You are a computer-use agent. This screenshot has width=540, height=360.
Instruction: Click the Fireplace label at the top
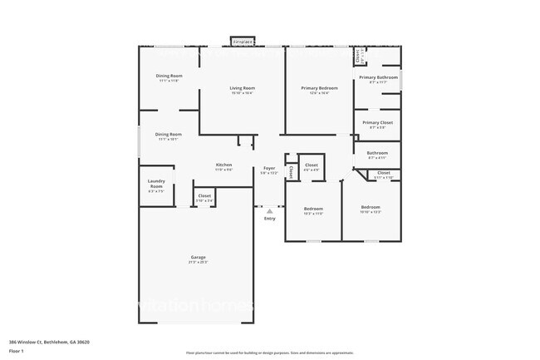point(243,40)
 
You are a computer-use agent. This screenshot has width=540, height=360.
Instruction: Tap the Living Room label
point(243,87)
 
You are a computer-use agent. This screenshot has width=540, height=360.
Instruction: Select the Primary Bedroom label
point(319,87)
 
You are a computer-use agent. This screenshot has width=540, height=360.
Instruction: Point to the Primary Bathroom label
point(378,77)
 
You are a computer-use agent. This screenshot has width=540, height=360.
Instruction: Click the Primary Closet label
point(377,122)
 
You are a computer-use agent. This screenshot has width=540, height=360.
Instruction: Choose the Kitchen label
point(224,165)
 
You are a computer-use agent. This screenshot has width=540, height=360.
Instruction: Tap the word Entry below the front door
point(269,218)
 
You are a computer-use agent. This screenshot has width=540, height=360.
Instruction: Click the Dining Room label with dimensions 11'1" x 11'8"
point(169,76)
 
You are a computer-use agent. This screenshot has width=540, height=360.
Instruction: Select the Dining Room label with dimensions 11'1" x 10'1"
point(169,134)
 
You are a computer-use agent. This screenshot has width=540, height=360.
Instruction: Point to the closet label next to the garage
point(204,195)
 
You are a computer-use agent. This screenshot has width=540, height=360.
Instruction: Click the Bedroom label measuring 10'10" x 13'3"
point(371,206)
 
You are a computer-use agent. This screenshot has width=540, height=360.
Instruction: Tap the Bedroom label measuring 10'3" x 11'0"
point(312,209)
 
